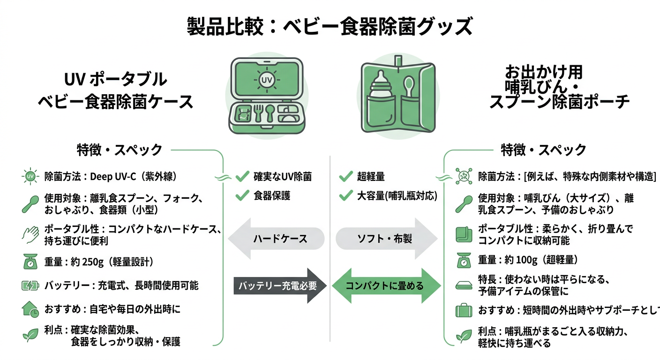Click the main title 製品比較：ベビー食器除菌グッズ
[x=330, y=26]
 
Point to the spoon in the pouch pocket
[x=408, y=89]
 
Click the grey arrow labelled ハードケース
[x=276, y=239]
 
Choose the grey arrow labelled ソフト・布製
[x=386, y=239]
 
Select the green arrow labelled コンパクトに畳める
[x=386, y=285]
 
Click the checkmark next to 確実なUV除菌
[x=242, y=177]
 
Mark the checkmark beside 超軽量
[x=345, y=177]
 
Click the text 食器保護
[x=272, y=195]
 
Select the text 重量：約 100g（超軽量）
[x=528, y=260]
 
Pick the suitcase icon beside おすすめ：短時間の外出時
[x=464, y=310]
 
